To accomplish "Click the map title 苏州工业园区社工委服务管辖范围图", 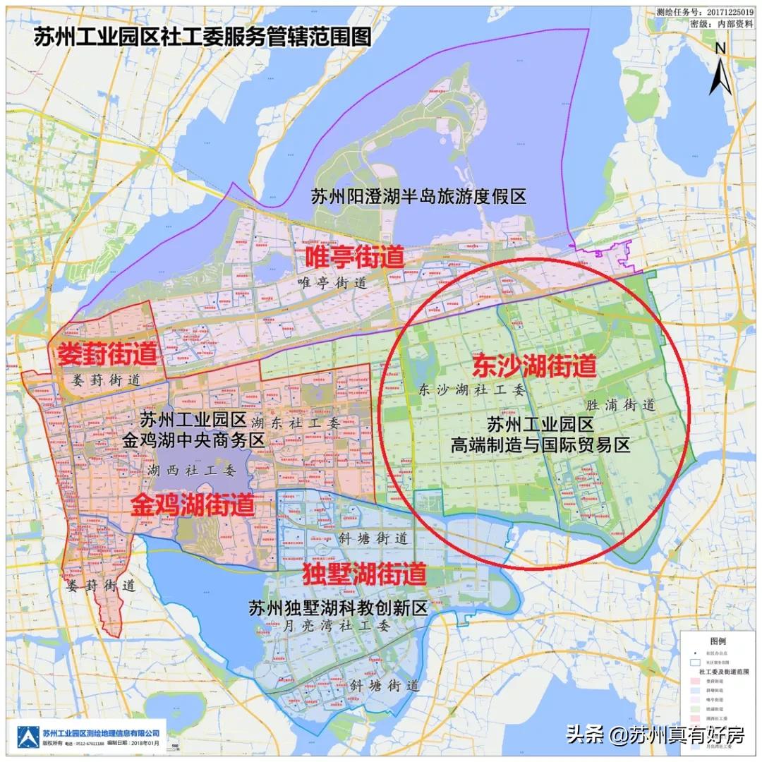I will pyautogui.click(x=202, y=37).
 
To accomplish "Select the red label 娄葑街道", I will pyautogui.click(x=107, y=353).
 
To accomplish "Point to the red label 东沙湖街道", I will pyautogui.click(x=534, y=365).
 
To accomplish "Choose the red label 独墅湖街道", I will pyautogui.click(x=364, y=574).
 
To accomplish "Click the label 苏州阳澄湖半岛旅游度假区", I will pyautogui.click(x=418, y=196).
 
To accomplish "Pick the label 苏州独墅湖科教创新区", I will pyautogui.click(x=339, y=608).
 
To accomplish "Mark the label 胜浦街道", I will pyautogui.click(x=621, y=406).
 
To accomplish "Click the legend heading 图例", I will pyautogui.click(x=718, y=641).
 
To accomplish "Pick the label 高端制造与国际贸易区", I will pyautogui.click(x=540, y=445).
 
